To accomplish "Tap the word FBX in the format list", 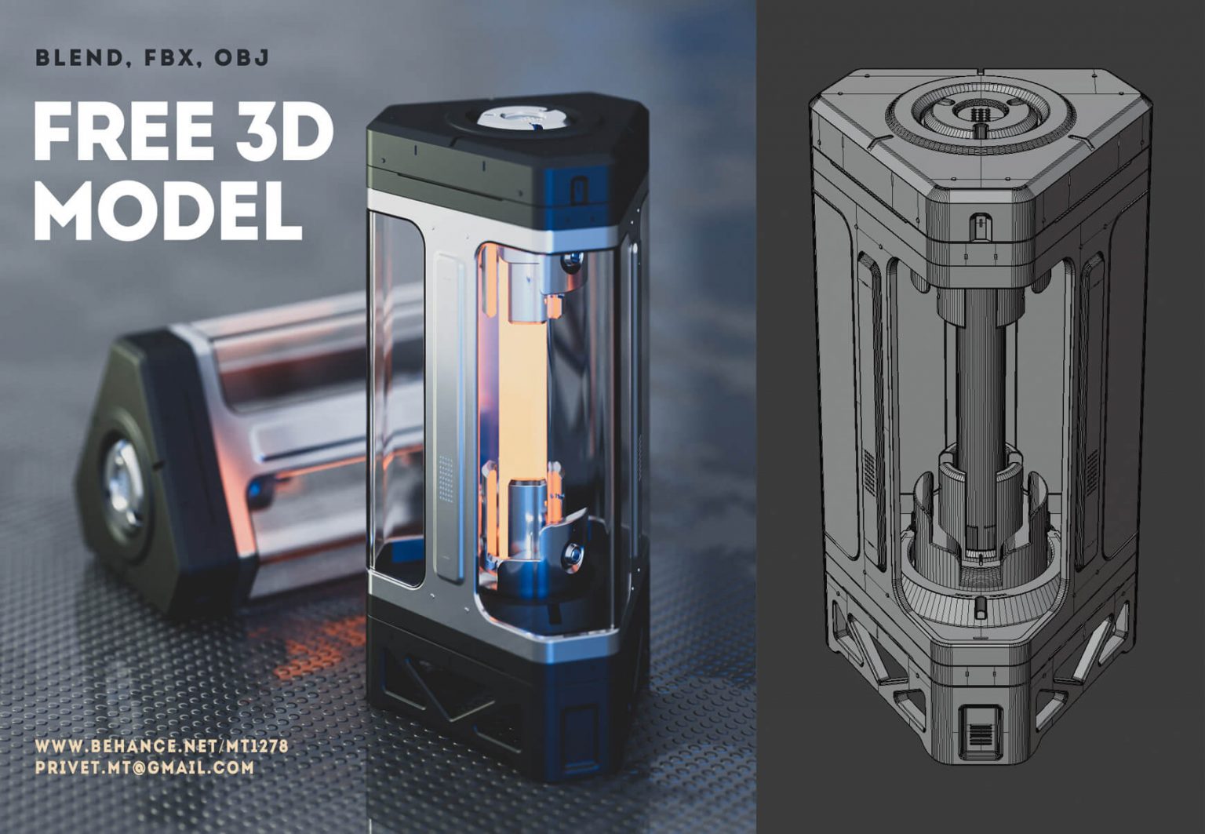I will [168, 58].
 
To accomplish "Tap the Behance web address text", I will [161, 746].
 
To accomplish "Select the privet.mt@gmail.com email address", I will [144, 768].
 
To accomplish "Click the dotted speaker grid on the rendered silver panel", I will [446, 478].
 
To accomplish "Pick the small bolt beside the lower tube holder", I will [574, 554].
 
